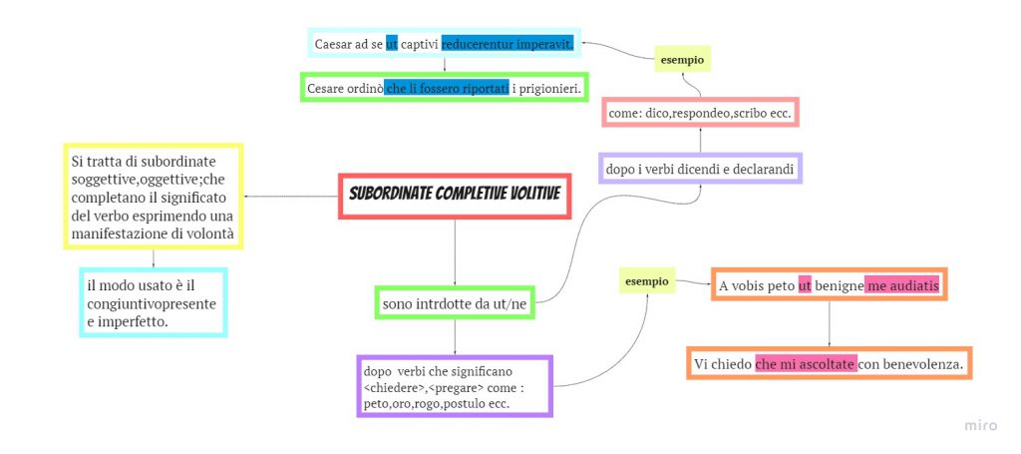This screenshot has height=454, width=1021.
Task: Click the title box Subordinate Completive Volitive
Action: [455, 195]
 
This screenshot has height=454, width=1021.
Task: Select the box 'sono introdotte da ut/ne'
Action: [455, 301]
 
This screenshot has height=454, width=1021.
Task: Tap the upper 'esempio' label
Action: [683, 61]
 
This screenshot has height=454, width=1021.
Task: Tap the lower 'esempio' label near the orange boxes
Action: [646, 281]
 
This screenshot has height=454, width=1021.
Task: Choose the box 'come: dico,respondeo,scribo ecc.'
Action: [700, 115]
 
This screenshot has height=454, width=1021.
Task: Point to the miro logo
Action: [981, 426]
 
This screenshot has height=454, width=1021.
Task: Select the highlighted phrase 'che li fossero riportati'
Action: [448, 88]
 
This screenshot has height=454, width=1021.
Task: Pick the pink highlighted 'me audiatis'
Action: [901, 286]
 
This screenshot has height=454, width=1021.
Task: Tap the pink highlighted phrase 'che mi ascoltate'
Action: [806, 364]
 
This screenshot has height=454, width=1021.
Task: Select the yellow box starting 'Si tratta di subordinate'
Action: [154, 197]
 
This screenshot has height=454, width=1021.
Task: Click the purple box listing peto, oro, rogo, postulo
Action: [454, 387]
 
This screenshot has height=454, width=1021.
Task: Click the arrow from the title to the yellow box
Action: [289, 196]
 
